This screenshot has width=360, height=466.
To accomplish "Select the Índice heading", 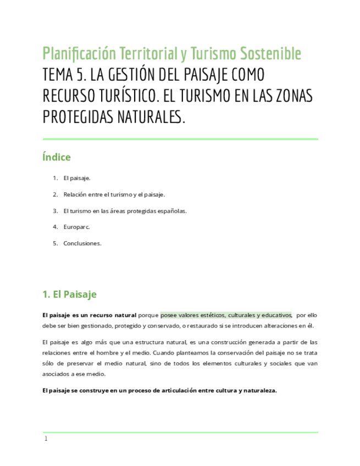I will [57, 158].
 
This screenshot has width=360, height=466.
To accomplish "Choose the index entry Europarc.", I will [76, 226].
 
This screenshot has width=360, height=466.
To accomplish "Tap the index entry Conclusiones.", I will [82, 243].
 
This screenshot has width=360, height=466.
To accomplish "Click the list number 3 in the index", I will [55, 210].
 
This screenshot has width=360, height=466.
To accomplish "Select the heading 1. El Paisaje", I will [69, 295].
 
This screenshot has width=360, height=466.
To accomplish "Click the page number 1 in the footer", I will [46, 439].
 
